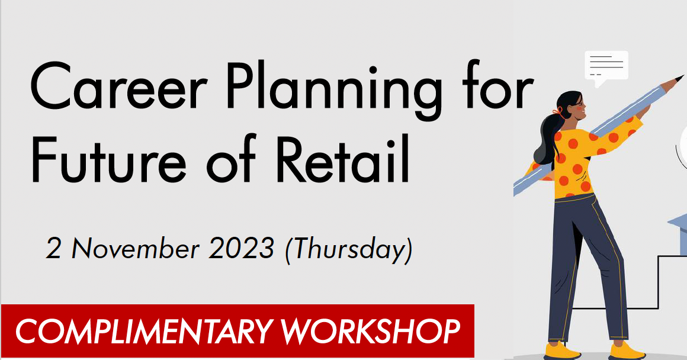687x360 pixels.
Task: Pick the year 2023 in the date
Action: tap(242, 249)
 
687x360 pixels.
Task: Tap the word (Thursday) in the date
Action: tap(348, 250)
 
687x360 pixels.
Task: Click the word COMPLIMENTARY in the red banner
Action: tap(144, 332)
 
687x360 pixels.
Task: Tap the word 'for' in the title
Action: tap(495, 89)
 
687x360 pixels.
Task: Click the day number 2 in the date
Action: tap(54, 249)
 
